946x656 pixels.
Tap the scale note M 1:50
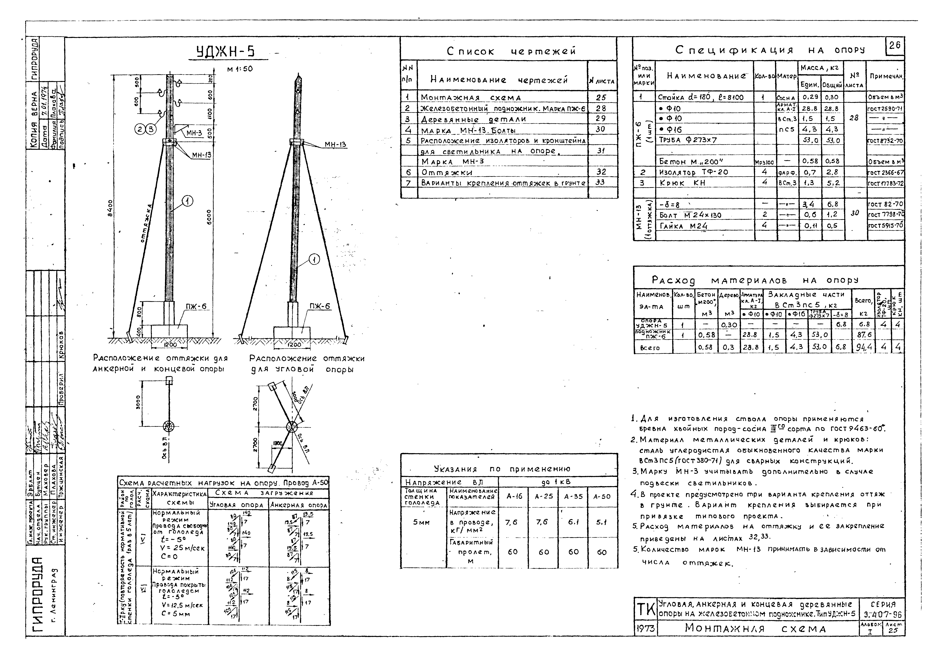[x=240, y=69]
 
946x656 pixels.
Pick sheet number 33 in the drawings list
[x=600, y=182]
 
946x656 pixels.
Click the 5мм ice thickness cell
[x=421, y=522]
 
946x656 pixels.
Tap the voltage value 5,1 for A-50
[x=602, y=522]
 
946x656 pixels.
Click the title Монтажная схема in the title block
[x=755, y=629]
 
